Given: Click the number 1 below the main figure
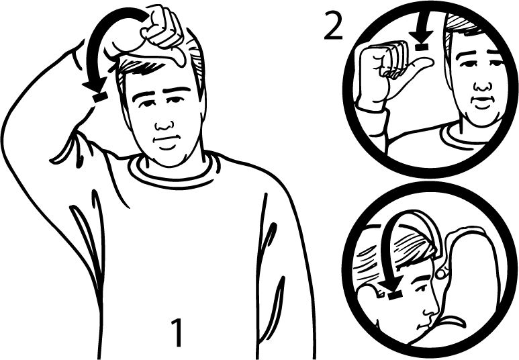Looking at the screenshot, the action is (x=177, y=332).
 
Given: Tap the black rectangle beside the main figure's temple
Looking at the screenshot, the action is (x=100, y=97).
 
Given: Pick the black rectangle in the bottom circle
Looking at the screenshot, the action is (x=395, y=295).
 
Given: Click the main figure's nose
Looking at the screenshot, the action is (x=164, y=124).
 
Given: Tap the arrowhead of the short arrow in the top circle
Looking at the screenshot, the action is (x=421, y=36).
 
